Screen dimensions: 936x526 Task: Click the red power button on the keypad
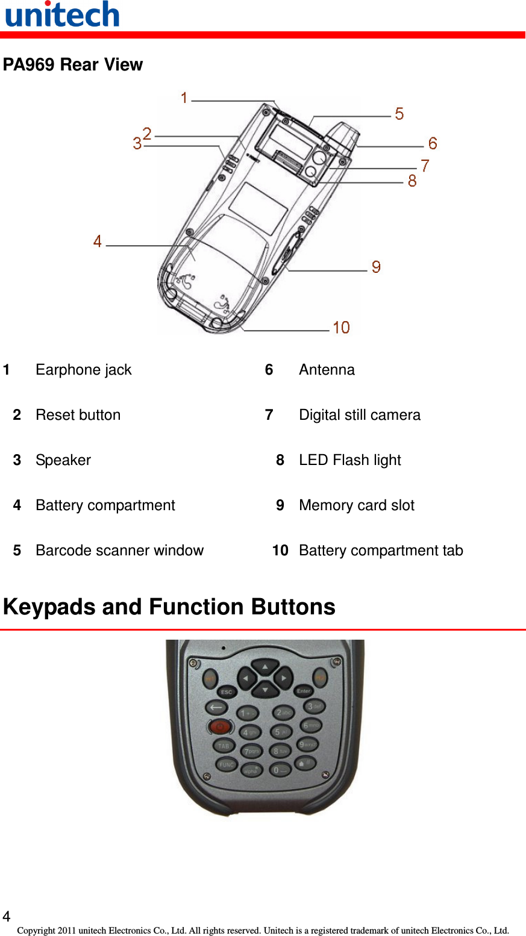pyautogui.click(x=220, y=727)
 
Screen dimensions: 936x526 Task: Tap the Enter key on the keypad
pyautogui.click(x=304, y=691)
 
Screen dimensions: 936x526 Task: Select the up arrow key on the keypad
pyautogui.click(x=265, y=667)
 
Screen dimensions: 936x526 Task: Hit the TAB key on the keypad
pyautogui.click(x=224, y=746)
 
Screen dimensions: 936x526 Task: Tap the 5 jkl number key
pyautogui.click(x=281, y=732)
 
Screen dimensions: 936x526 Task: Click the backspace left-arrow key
pyautogui.click(x=216, y=708)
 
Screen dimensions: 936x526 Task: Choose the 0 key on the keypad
pyautogui.click(x=280, y=770)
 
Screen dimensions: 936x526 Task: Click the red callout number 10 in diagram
pyautogui.click(x=341, y=327)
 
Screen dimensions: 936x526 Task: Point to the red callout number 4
pyautogui.click(x=98, y=242)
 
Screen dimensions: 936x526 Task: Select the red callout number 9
pyautogui.click(x=376, y=267)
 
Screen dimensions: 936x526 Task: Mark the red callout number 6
pyautogui.click(x=433, y=143)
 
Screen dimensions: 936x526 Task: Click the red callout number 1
pyautogui.click(x=184, y=98)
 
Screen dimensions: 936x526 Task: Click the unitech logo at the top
pyautogui.click(x=62, y=14)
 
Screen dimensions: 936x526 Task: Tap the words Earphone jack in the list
pyautogui.click(x=83, y=370)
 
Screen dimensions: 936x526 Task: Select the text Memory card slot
pyautogui.click(x=356, y=505)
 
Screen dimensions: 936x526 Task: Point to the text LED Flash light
pyautogui.click(x=349, y=460)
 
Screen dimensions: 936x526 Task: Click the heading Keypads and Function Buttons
pyautogui.click(x=169, y=607)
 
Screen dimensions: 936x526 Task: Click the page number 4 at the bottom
pyautogui.click(x=7, y=917)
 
